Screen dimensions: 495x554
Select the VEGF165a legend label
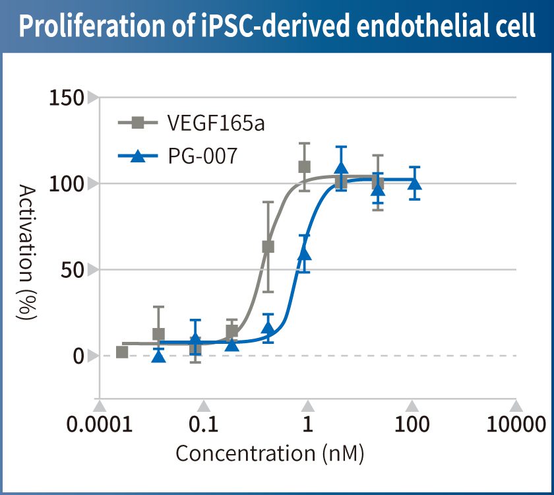(216, 123)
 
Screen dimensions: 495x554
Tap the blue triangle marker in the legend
(138, 157)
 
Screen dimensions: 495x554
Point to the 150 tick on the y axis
(67, 98)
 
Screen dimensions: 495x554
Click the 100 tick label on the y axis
(67, 183)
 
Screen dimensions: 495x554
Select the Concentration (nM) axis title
(270, 454)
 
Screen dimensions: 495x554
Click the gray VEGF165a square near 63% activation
(268, 247)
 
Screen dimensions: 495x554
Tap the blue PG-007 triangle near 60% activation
(304, 253)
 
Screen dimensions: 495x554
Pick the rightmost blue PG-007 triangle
(414, 182)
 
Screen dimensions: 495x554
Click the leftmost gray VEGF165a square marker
(122, 352)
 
